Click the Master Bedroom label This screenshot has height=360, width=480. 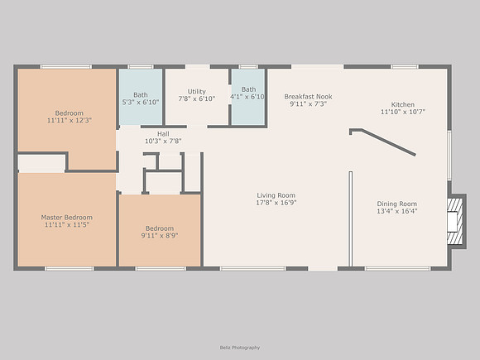[67, 218]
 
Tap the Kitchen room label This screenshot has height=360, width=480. [402, 104]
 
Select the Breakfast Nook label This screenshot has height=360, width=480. [308, 97]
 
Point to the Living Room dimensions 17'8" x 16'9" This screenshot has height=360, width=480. [276, 203]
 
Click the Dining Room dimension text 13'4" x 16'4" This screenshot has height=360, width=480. [396, 211]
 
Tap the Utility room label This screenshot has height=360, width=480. [196, 92]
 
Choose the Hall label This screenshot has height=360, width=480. [163, 134]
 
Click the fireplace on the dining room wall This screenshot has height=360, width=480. [455, 221]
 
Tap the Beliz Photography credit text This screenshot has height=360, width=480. [240, 348]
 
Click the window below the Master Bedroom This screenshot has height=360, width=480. [70, 269]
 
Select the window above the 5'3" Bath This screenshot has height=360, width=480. [141, 67]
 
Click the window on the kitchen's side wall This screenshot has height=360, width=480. [449, 156]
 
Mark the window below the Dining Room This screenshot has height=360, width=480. [397, 269]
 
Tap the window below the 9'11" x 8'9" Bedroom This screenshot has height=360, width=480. [161, 269]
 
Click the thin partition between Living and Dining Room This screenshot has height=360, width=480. [351, 218]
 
